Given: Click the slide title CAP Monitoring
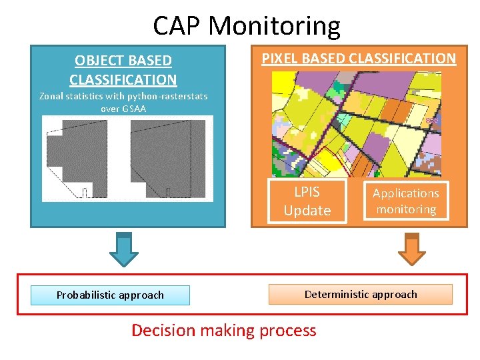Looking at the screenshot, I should (x=246, y=26).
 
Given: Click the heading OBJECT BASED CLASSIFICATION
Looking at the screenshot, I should (x=123, y=70).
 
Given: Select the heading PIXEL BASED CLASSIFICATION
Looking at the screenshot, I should (x=359, y=58).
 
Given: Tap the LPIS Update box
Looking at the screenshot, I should (x=307, y=201).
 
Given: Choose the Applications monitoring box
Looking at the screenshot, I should (x=405, y=201).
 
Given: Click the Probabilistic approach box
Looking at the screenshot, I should (x=110, y=295).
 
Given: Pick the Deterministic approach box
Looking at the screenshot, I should (x=360, y=294).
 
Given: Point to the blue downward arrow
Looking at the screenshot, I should (x=123, y=248).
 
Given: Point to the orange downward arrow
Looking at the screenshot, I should (x=411, y=248).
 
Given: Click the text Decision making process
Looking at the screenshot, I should (x=224, y=330).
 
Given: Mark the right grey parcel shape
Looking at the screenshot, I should (x=167, y=158).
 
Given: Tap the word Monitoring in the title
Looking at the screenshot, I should (x=274, y=26).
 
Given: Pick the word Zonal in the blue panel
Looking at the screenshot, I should (x=52, y=96).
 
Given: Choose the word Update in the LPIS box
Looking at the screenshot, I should (x=307, y=210).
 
